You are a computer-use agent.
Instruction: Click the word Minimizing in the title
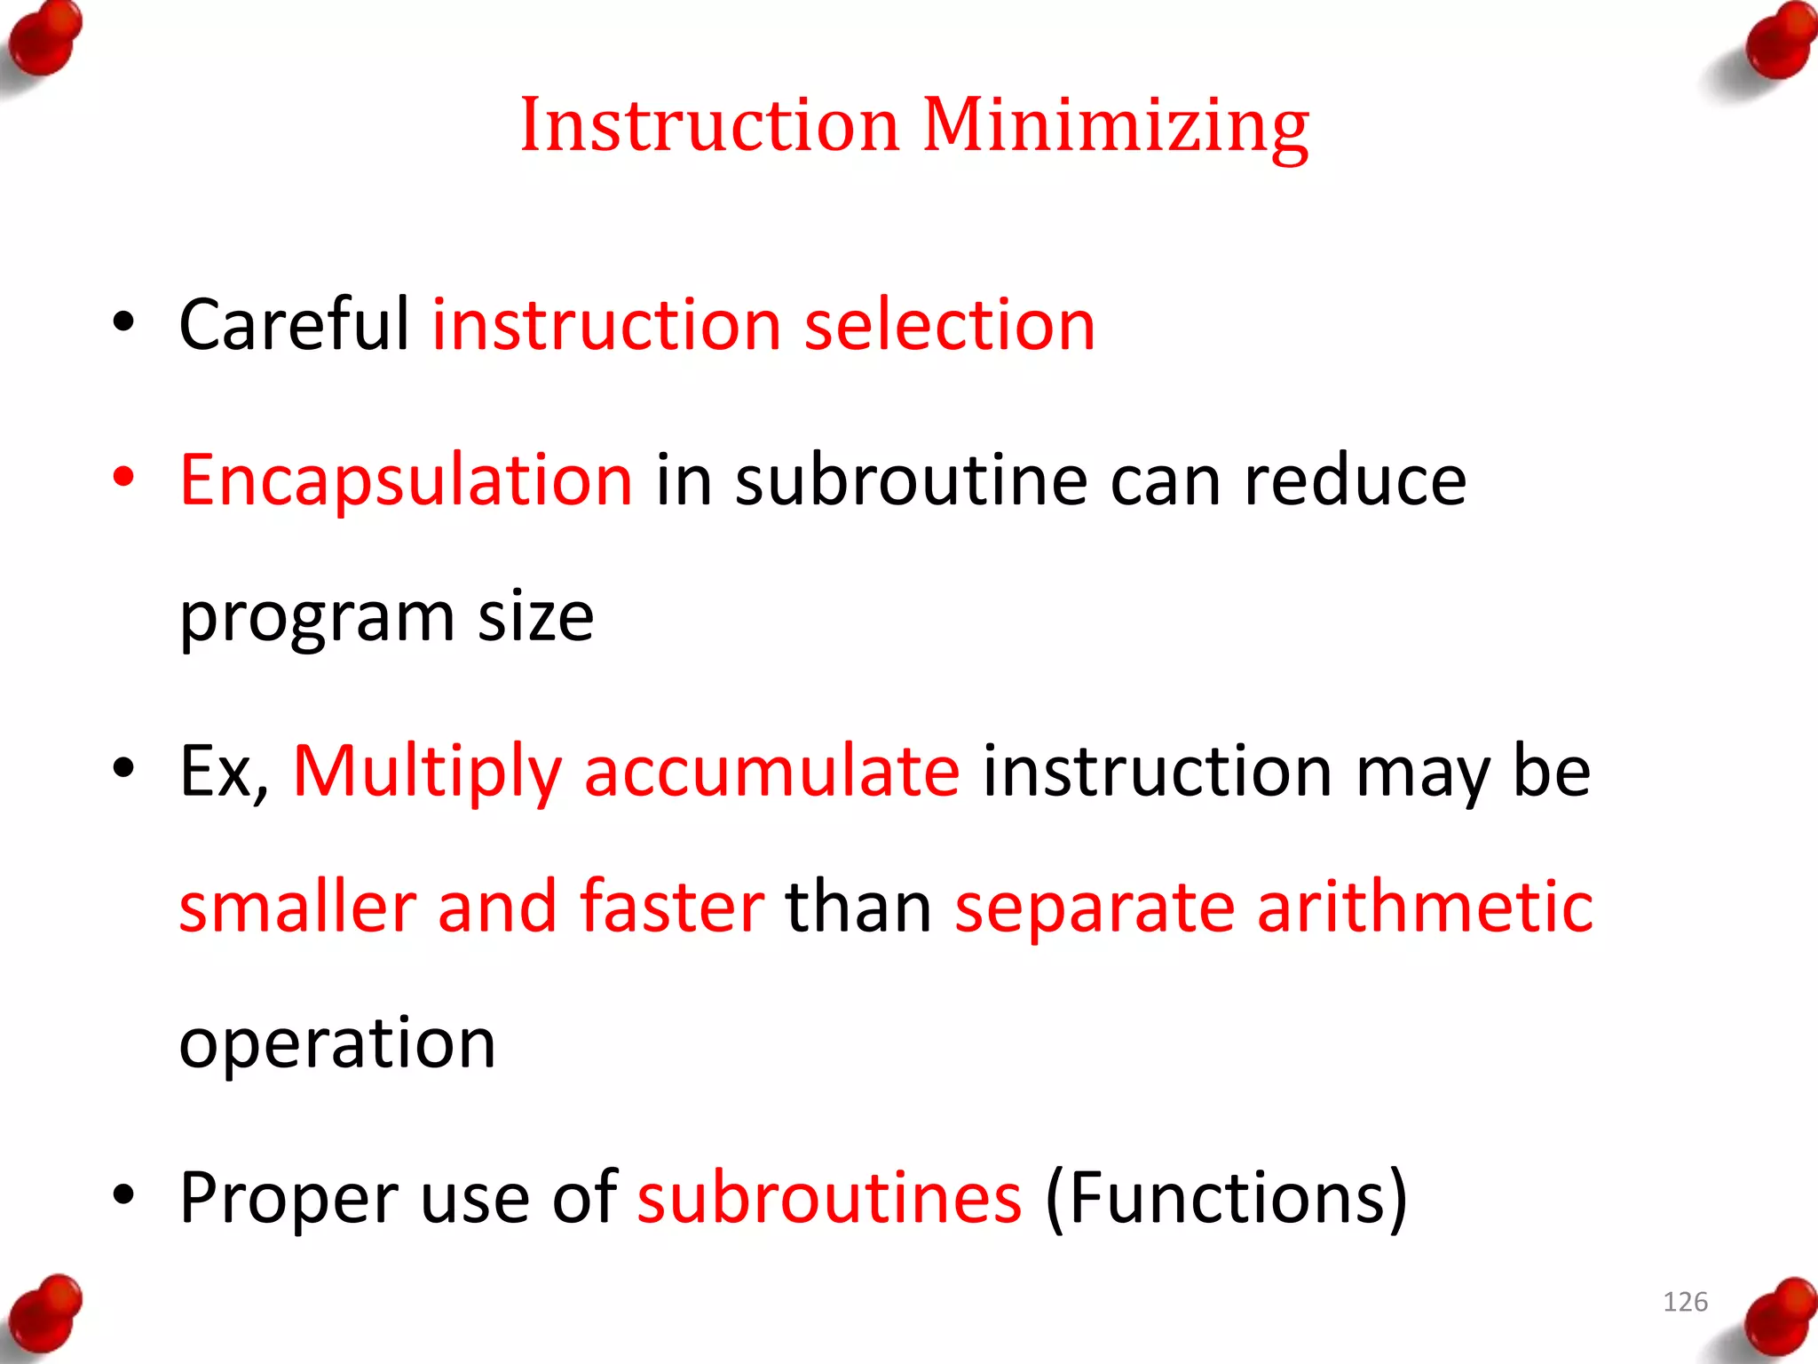point(1116,126)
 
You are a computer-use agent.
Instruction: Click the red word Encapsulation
point(407,480)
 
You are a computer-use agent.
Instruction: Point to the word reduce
point(1355,480)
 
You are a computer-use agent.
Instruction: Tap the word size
point(535,616)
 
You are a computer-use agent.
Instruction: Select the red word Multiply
point(427,772)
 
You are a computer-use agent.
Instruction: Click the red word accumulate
point(771,770)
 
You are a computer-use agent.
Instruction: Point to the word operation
point(337,1043)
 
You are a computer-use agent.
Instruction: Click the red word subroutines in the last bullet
point(829,1197)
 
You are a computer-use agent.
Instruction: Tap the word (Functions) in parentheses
point(1226,1198)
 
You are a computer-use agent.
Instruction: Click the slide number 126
point(1685,1302)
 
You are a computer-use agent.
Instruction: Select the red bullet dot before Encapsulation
point(123,477)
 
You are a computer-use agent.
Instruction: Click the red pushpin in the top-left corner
point(44,40)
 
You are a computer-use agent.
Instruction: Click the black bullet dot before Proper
point(123,1194)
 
